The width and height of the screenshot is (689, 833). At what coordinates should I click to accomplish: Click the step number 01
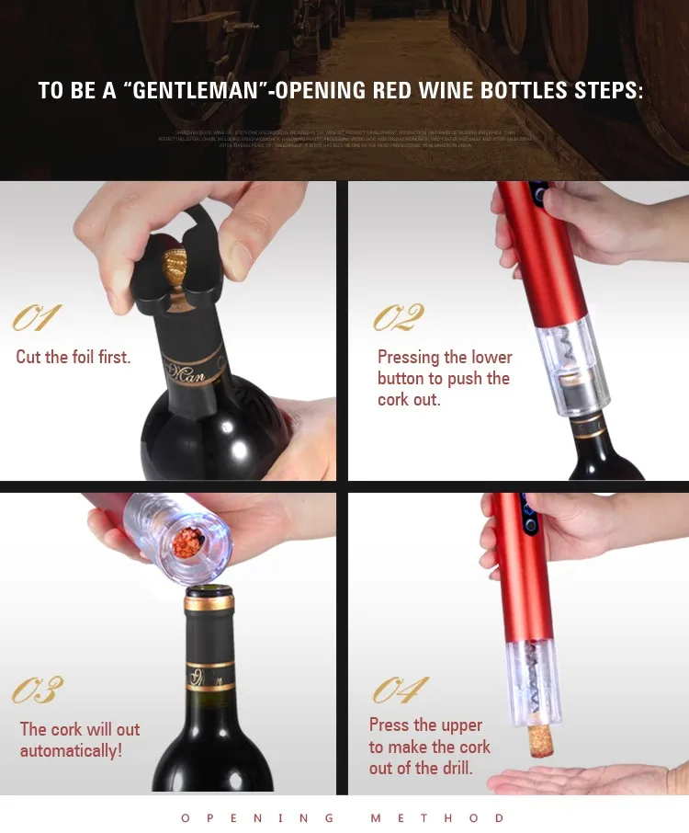tap(37, 318)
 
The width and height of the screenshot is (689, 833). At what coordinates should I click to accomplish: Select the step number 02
tap(399, 318)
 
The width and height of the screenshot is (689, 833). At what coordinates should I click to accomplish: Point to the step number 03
tap(38, 690)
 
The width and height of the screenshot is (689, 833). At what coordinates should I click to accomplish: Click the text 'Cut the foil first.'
tap(73, 357)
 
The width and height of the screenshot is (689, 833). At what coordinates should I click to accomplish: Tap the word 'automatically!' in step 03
tap(71, 751)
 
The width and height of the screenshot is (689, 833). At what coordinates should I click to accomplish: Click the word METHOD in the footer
tap(437, 817)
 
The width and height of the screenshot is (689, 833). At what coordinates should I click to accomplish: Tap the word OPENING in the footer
tap(256, 817)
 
